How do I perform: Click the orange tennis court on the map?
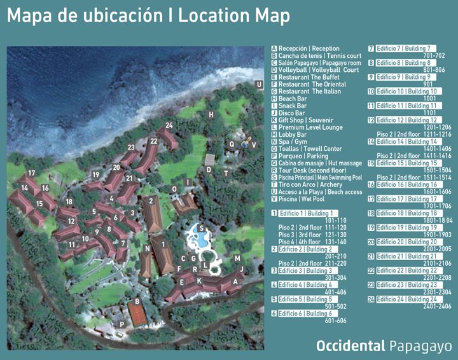click(x=137, y=312)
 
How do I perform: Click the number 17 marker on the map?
click(x=31, y=173)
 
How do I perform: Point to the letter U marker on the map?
click(x=259, y=84)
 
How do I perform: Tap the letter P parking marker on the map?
click(x=121, y=324)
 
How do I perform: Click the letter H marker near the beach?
click(x=211, y=114)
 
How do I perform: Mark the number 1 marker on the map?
click(x=163, y=243)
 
